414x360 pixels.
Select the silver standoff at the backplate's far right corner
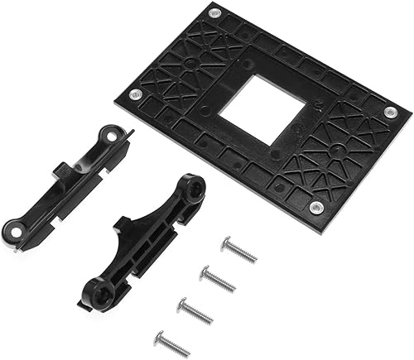(x=391, y=112)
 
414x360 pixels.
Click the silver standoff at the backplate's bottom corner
(x=315, y=206)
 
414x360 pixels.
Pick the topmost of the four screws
(x=239, y=248)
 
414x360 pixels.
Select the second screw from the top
(x=219, y=278)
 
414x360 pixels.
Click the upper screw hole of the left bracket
(x=109, y=132)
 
